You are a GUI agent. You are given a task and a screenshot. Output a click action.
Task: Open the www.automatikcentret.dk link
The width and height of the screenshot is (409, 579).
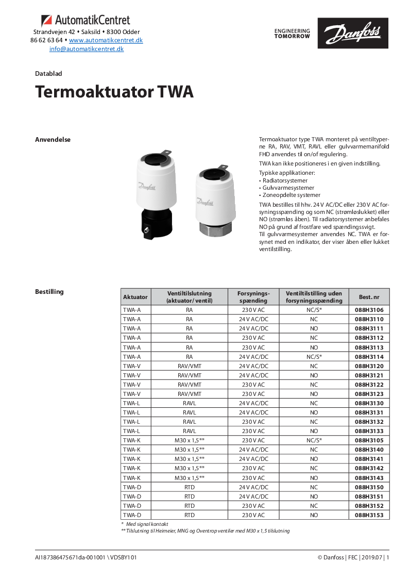click(x=106, y=40)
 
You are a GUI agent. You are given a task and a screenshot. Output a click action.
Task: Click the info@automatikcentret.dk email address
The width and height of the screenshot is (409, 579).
click(x=86, y=49)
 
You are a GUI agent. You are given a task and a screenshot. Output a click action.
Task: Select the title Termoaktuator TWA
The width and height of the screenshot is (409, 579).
click(x=114, y=92)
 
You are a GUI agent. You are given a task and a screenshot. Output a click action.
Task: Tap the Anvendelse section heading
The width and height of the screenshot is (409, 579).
click(x=53, y=140)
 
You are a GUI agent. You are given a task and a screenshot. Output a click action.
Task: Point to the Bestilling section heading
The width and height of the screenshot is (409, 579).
click(x=49, y=292)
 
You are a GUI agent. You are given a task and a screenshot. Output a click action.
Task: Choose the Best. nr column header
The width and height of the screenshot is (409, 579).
click(x=369, y=297)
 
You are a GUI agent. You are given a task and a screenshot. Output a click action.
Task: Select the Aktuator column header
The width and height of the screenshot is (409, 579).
click(x=135, y=297)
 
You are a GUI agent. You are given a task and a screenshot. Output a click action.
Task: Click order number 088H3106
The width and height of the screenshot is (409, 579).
click(x=369, y=310)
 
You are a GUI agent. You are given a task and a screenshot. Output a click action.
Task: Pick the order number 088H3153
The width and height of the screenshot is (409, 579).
click(x=369, y=515)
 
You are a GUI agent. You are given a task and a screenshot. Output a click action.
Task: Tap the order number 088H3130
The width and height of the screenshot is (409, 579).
click(x=369, y=403)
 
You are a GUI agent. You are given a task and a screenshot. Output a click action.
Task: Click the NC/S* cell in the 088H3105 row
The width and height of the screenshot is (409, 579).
click(x=314, y=440)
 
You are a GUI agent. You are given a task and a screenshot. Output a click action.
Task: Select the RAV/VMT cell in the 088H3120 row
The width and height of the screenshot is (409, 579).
click(x=190, y=366)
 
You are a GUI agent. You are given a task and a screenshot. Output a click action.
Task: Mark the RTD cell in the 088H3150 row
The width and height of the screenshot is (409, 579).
click(x=190, y=487)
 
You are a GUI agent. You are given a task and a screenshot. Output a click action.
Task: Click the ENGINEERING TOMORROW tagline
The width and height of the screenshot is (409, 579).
click(x=292, y=34)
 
